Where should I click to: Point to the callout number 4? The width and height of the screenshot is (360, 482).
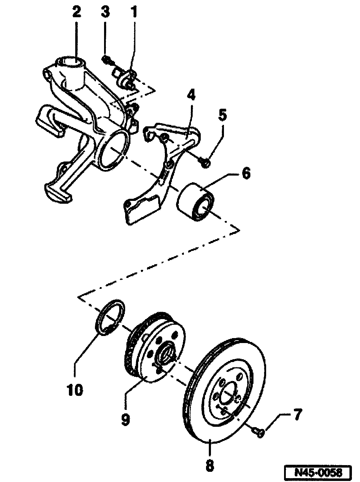(x=190, y=95)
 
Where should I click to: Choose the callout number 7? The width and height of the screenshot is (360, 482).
(x=297, y=415)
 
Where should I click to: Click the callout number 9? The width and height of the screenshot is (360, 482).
(x=125, y=419)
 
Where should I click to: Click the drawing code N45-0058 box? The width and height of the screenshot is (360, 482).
(x=318, y=472)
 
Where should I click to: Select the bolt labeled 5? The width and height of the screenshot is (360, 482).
(x=206, y=162)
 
